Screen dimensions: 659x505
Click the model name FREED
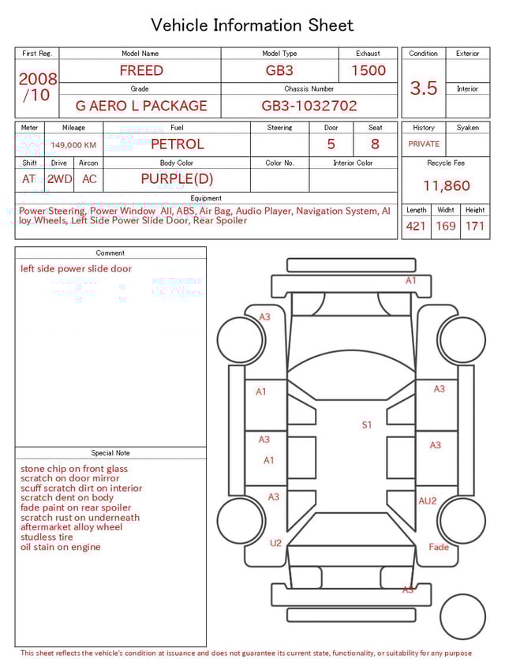pos(141,70)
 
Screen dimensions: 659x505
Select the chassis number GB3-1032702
pos(309,106)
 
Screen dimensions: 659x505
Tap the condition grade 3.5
pos(424,88)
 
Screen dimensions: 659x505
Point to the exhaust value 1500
pos(368,70)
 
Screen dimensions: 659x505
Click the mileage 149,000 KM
pos(73,145)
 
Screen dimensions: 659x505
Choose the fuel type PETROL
pos(177,144)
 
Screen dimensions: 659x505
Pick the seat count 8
pos(375,144)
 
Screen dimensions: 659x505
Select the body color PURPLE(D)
pos(177,179)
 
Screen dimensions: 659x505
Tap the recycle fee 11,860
pos(446,186)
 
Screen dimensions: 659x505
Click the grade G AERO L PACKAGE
pos(141,106)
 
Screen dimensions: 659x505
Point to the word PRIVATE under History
pos(424,144)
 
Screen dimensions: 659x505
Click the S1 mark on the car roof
pos(367,425)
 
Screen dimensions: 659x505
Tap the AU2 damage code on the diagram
pos(428,501)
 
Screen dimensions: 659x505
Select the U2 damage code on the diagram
pos(275,543)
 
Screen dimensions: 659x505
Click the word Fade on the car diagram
pos(439,547)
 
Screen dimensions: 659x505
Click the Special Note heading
pos(110,453)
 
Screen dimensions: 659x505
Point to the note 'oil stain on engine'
pos(61,547)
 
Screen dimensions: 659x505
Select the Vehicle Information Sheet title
pos(252,25)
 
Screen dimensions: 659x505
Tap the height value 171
pos(475,227)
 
